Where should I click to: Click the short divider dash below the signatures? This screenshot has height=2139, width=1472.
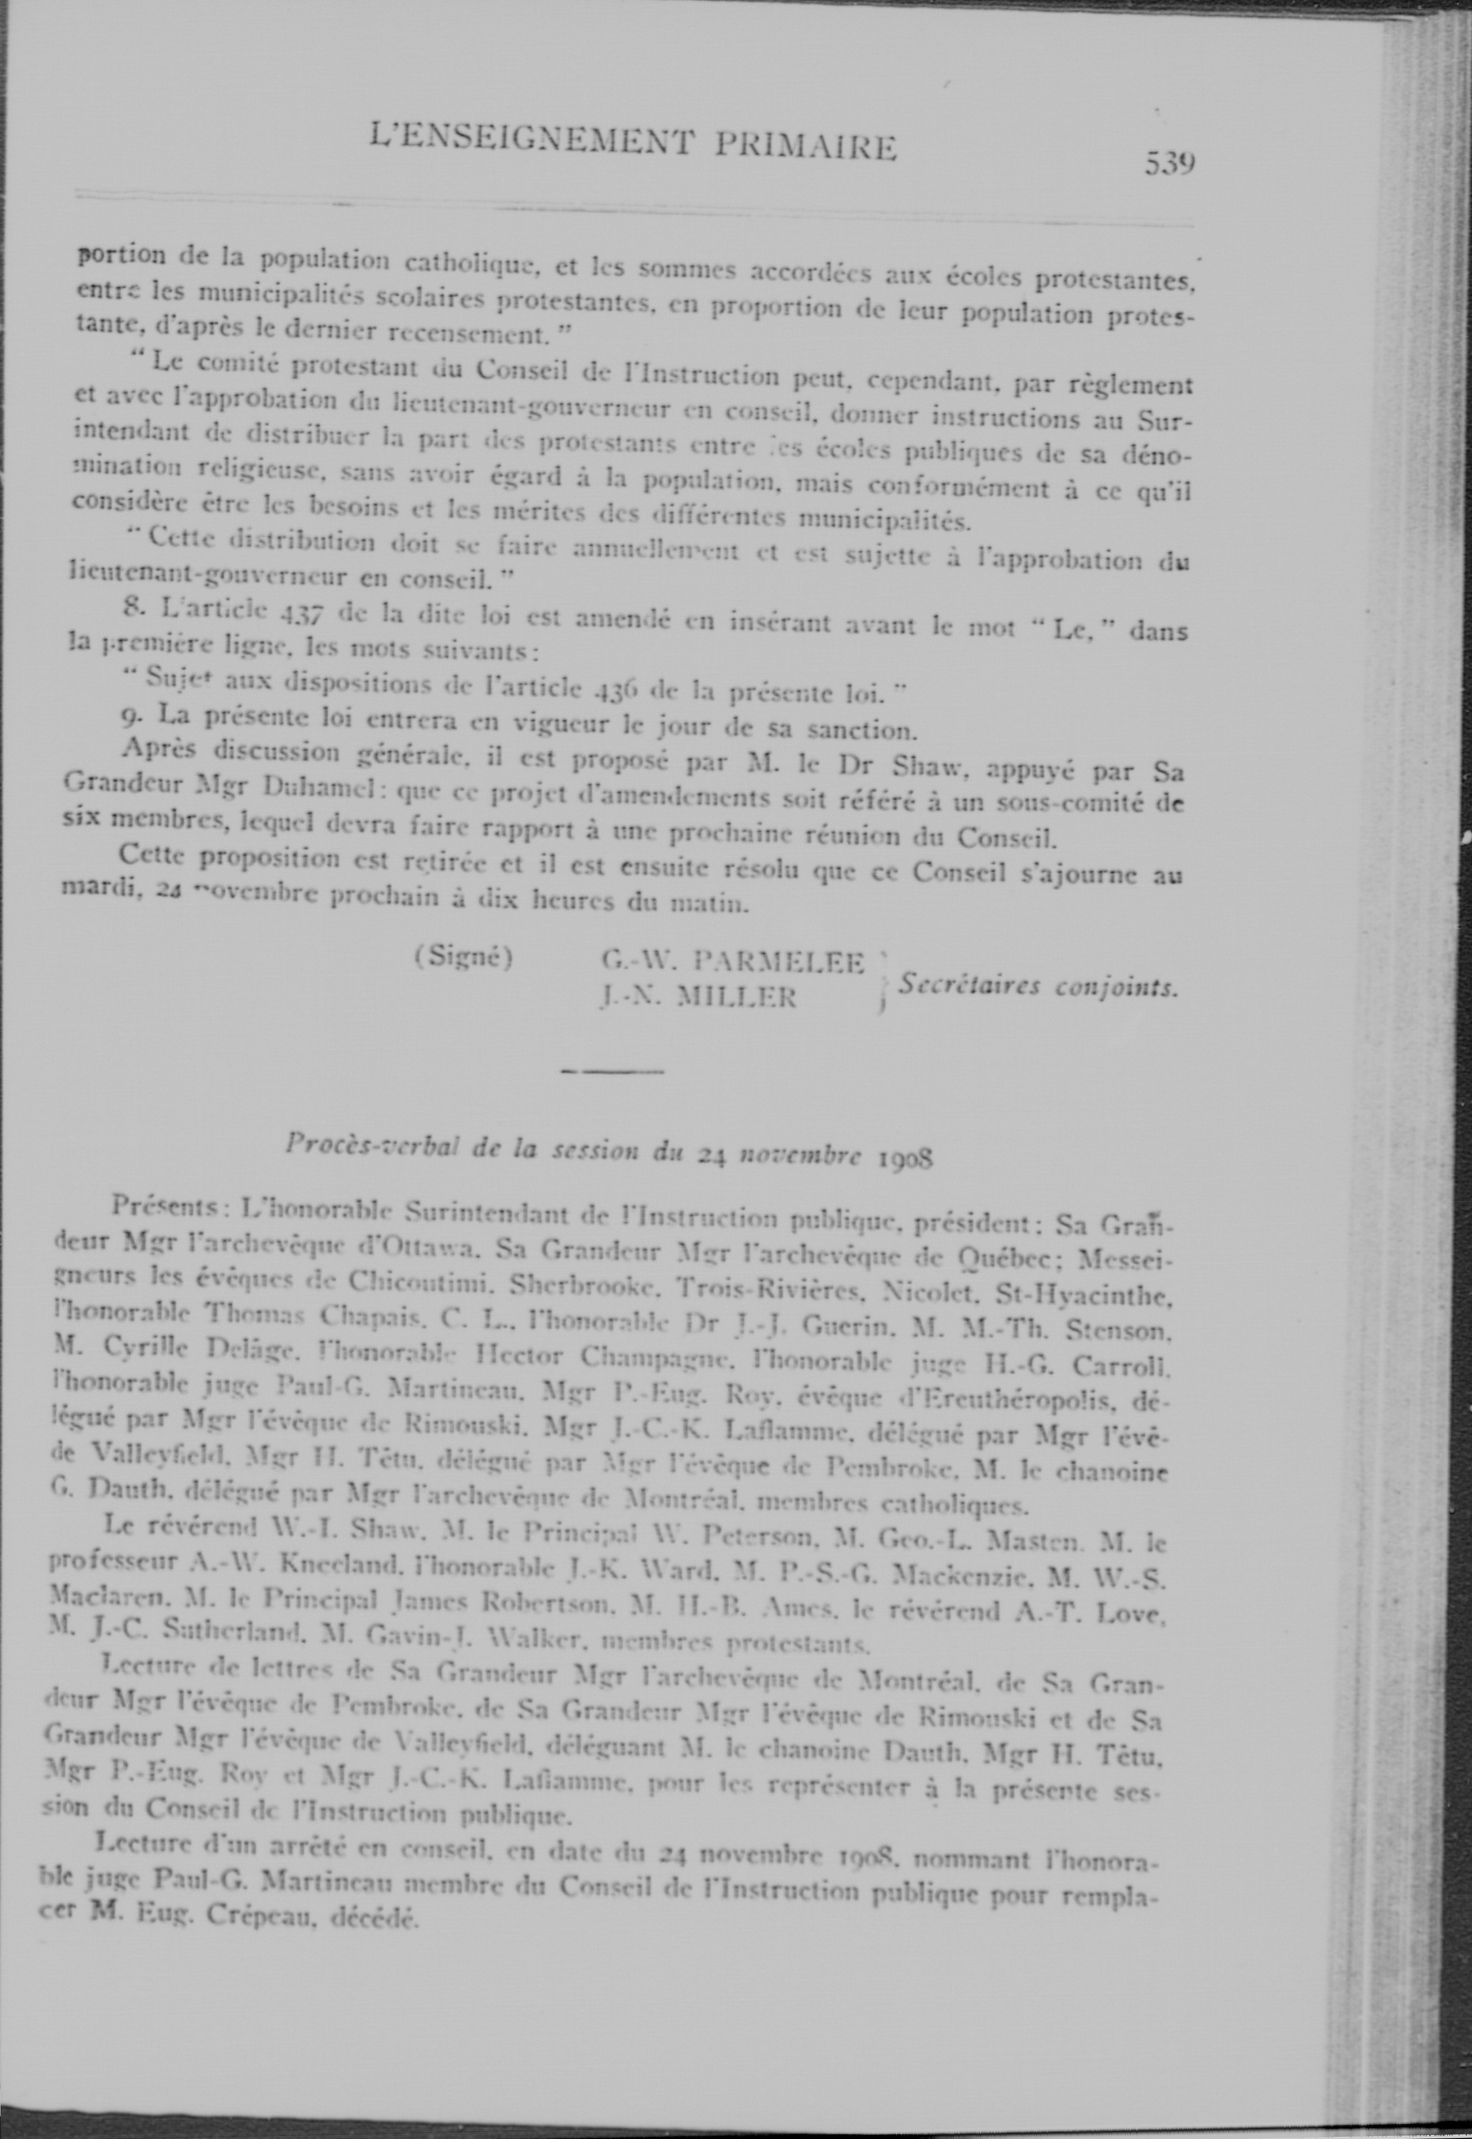pyautogui.click(x=611, y=1072)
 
